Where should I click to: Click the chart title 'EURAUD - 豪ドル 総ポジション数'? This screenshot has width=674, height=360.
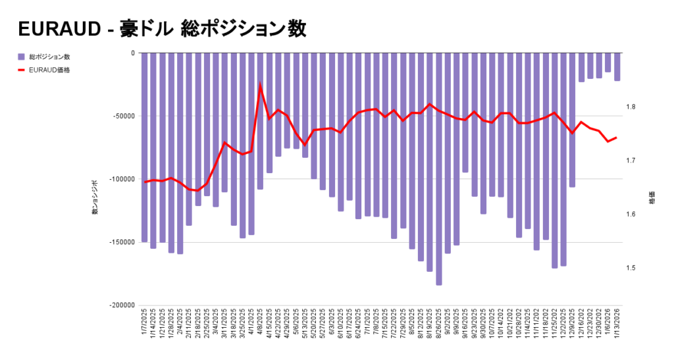162,29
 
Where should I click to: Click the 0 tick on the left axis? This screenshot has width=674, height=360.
132,53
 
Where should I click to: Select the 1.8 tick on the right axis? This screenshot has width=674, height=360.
630,107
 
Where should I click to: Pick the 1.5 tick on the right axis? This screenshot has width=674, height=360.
630,268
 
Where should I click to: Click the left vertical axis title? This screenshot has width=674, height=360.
94,197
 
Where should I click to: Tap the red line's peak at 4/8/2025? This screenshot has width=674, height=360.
260,84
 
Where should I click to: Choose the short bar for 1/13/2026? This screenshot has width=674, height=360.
617,67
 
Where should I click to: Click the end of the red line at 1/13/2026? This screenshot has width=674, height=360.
617,138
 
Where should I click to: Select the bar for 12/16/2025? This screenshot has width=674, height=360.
581,68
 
